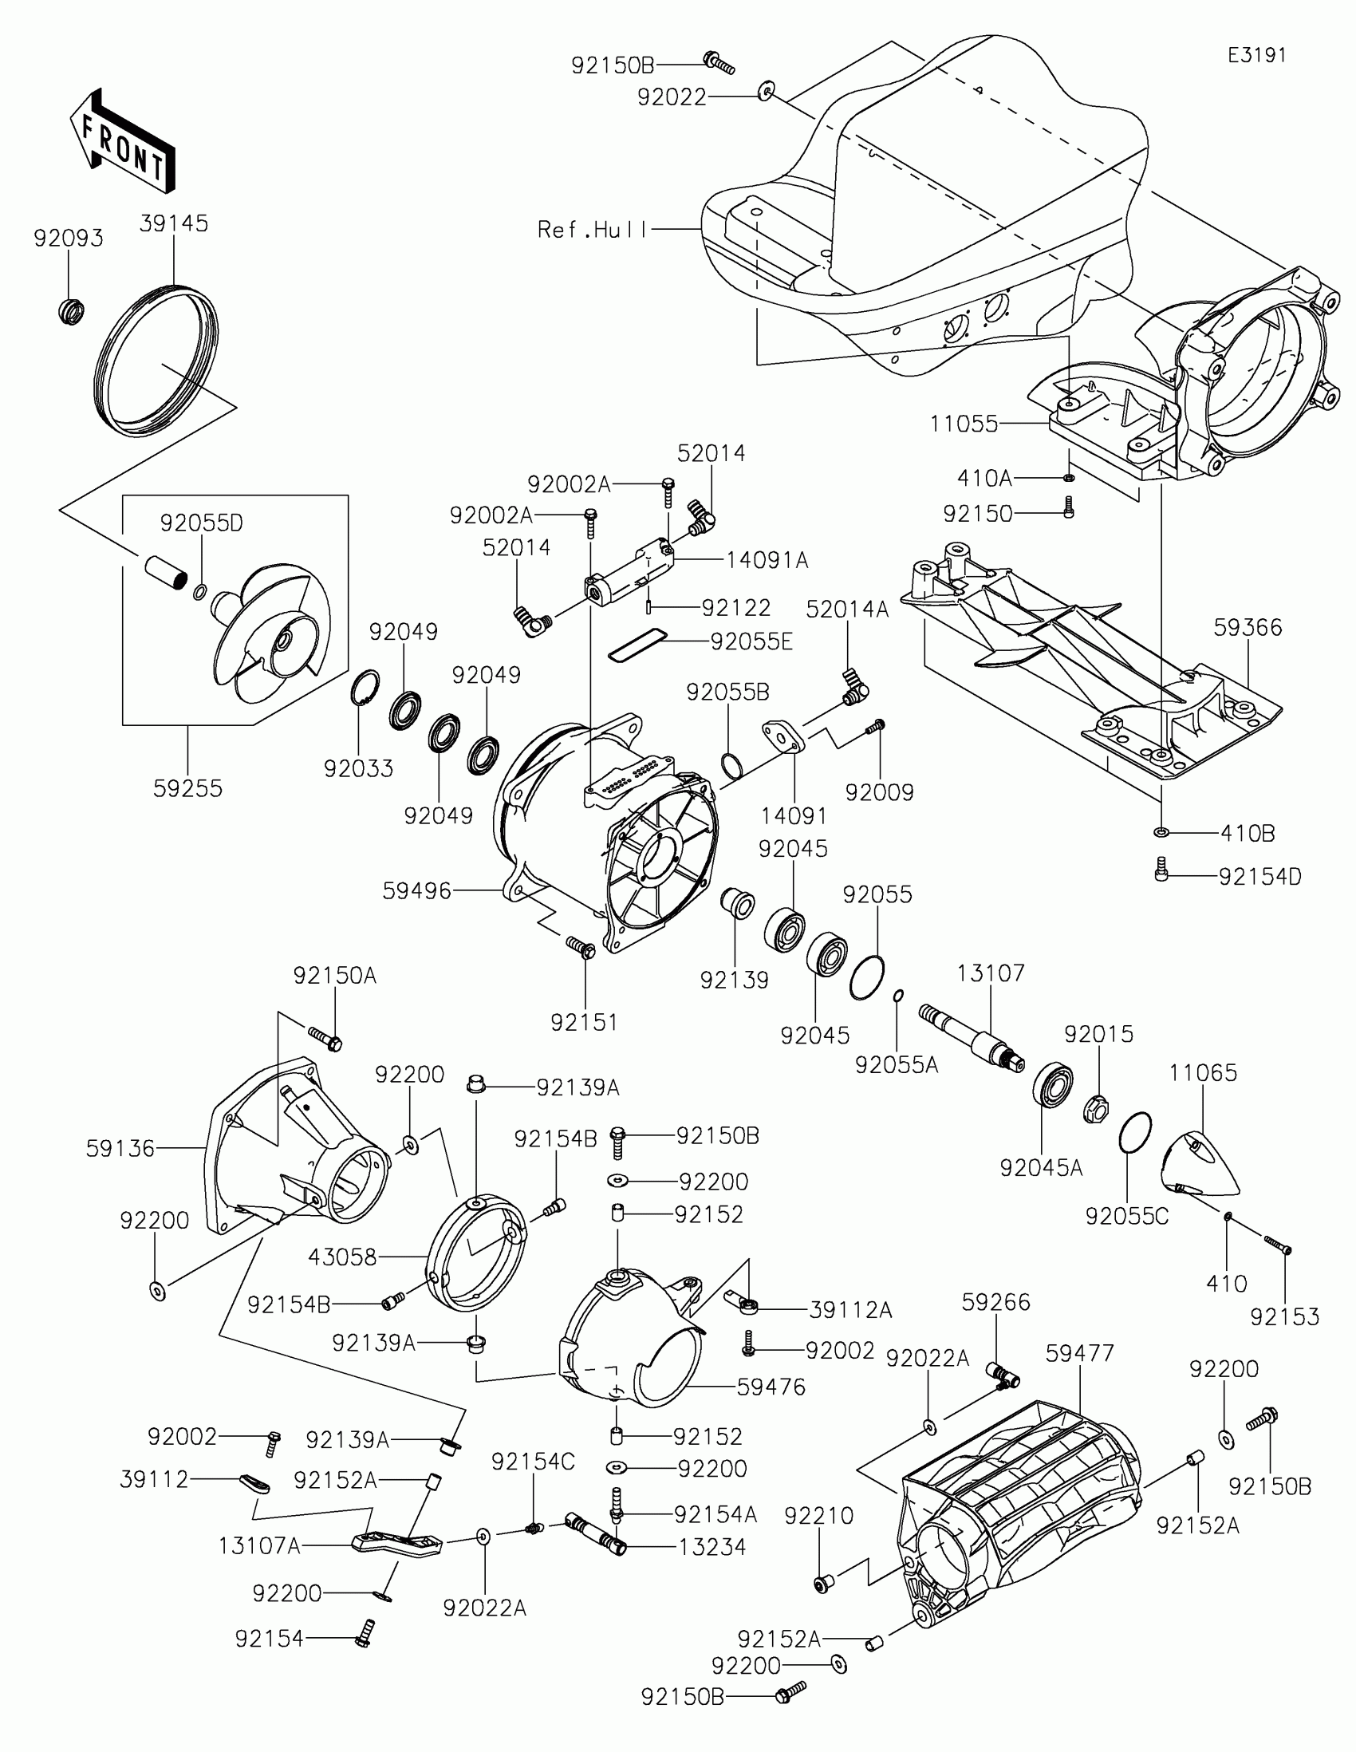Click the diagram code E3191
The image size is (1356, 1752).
coord(1256,54)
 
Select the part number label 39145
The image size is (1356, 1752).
coord(174,223)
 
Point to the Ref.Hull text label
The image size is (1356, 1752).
coord(592,231)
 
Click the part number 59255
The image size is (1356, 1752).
coord(187,787)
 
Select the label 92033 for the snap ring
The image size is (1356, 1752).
coord(358,768)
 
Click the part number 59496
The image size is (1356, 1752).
coord(417,890)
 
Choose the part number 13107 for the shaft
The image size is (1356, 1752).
coord(991,973)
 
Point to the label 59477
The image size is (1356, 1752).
coord(1079,1353)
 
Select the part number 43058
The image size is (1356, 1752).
coord(342,1257)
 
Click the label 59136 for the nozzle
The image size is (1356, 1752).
coord(120,1148)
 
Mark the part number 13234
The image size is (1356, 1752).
coord(712,1547)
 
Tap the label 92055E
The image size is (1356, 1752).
coord(751,641)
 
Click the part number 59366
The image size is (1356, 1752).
coord(1248,626)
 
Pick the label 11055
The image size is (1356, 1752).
coord(964,424)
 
